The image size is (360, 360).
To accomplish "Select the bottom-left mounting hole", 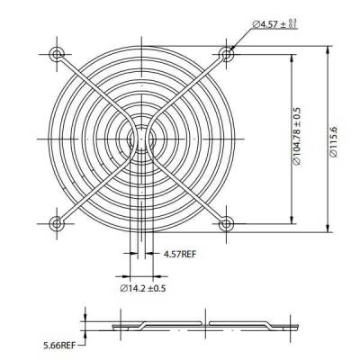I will pos(58,222).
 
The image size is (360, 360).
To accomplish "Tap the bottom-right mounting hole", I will pos(226,222).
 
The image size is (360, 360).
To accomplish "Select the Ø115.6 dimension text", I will pos(334,140).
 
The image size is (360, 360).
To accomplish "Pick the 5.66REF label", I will pos(61,343).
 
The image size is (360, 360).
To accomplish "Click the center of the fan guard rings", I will pos(142,139).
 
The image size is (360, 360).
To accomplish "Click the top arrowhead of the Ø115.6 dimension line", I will pos(327,41).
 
